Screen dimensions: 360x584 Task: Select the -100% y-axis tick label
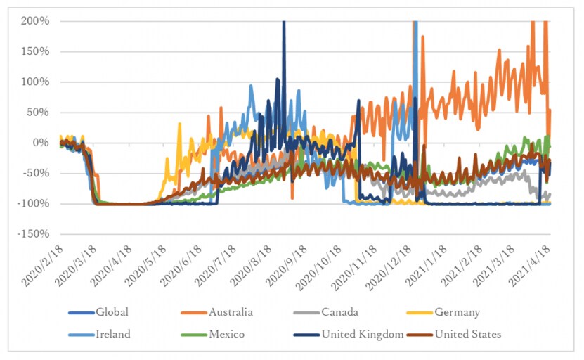click(x=33, y=204)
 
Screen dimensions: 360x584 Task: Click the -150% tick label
click(x=33, y=234)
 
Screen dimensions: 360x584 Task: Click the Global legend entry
click(x=112, y=312)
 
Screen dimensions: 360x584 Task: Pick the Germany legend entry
click(x=458, y=312)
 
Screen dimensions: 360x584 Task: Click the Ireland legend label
click(x=113, y=334)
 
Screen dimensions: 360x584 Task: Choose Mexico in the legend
click(x=226, y=334)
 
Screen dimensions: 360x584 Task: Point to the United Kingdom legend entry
click(x=362, y=334)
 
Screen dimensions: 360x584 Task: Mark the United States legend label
click(x=468, y=334)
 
